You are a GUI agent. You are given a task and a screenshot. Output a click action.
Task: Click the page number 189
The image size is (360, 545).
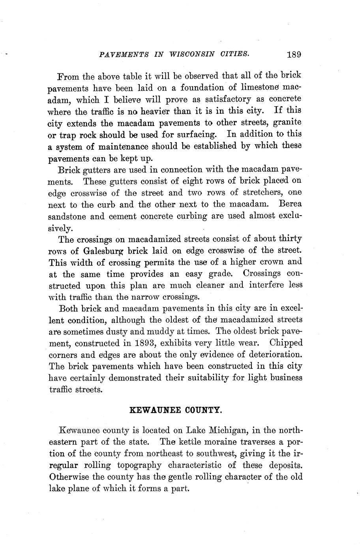(x=294, y=54)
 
